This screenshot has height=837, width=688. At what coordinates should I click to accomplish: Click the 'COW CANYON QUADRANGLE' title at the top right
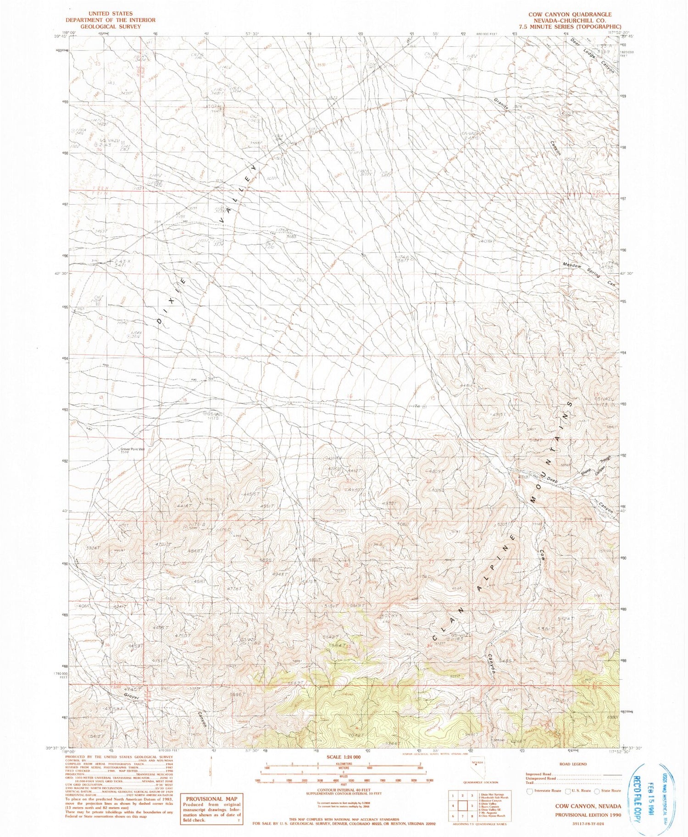click(x=570, y=15)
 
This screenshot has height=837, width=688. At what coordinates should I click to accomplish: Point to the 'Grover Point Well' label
click(x=133, y=449)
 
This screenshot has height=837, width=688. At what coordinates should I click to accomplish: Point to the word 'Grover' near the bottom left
click(x=132, y=696)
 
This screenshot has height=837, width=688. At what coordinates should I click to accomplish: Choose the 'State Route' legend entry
click(x=608, y=791)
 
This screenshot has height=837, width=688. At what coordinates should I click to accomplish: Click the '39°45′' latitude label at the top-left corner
click(x=59, y=37)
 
